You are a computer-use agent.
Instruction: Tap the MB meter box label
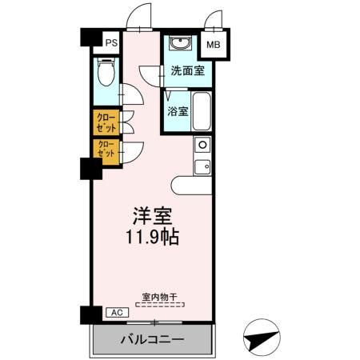214,46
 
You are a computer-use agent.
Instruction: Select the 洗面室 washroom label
186,70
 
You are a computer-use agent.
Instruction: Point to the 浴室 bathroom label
178,111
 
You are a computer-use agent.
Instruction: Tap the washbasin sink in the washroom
181,44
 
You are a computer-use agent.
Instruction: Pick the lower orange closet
106,148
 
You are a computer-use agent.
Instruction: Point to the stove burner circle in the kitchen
202,146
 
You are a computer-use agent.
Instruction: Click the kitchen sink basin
202,166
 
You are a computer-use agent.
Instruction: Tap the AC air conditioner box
114,313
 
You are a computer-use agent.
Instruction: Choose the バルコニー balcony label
153,339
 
